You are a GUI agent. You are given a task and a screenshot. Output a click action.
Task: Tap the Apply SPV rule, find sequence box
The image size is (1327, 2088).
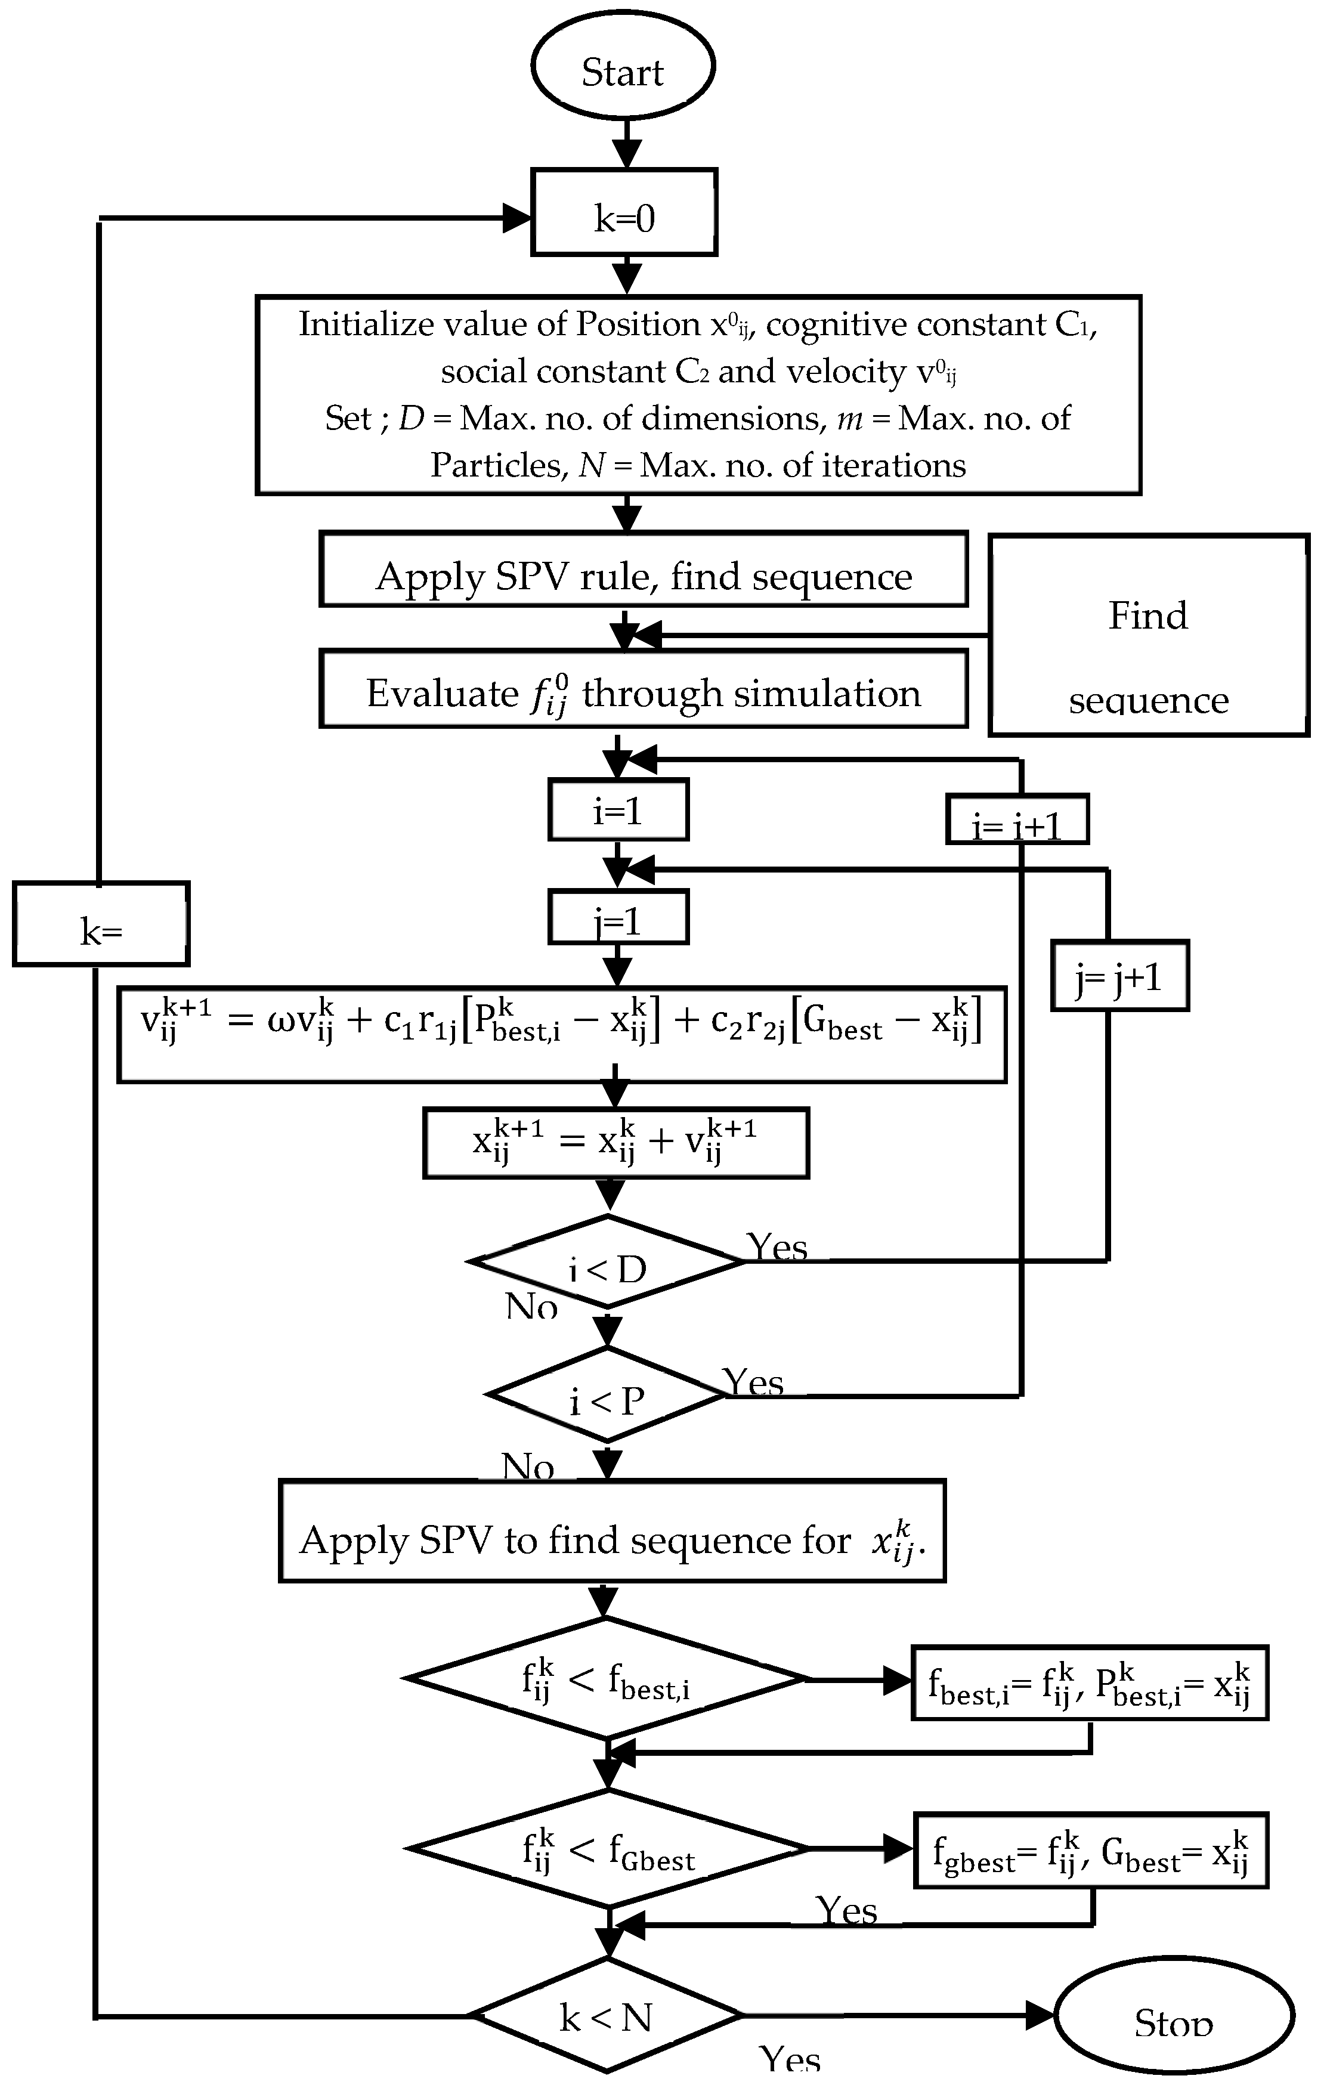[x=643, y=569]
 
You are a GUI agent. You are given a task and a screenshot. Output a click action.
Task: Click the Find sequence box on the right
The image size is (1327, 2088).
[x=1147, y=635]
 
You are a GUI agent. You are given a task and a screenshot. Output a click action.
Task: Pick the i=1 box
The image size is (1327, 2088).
[x=617, y=810]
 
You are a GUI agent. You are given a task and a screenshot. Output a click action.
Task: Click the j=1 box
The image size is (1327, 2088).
[x=617, y=917]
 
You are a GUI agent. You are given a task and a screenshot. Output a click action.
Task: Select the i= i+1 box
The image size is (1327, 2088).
[x=1016, y=820]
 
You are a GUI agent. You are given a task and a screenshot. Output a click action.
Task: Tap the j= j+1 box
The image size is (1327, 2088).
[x=1119, y=976]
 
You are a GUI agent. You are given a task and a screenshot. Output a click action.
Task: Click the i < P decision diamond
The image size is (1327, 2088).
[x=607, y=1394]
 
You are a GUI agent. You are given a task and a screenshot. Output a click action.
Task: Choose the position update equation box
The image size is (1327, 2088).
[x=616, y=1143]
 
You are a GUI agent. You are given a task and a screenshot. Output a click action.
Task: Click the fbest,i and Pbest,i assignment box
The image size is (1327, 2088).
[x=1090, y=1682]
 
